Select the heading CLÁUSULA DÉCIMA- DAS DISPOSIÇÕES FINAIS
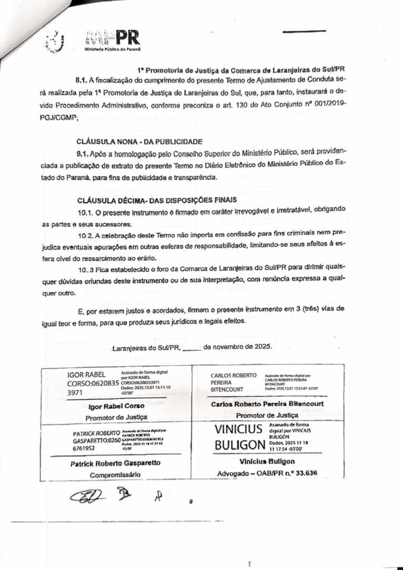tap(149, 199)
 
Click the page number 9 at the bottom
tap(190, 502)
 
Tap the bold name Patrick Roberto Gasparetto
tap(115, 463)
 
